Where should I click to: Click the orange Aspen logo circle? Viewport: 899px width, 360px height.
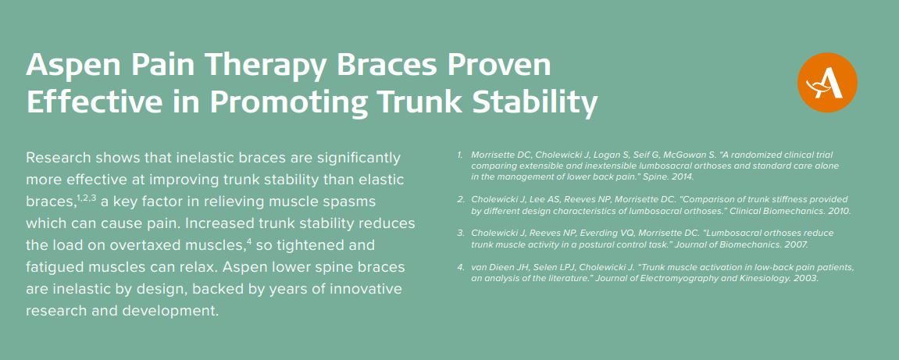coord(827,83)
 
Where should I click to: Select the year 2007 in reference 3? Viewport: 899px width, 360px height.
coord(797,244)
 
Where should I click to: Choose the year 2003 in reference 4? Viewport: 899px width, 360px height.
coord(805,279)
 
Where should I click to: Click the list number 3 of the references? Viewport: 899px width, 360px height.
coord(460,233)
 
